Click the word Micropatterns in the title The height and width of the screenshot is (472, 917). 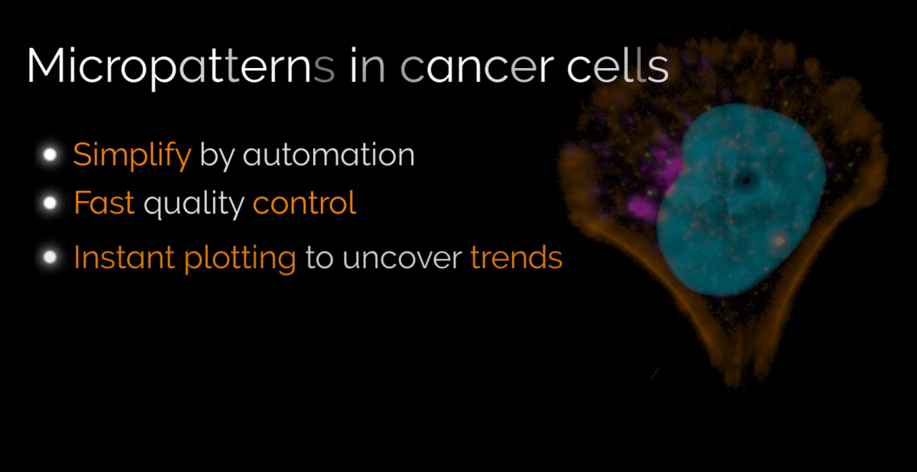[x=180, y=66]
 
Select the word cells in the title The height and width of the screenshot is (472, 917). [x=617, y=65]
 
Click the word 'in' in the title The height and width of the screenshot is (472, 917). [x=368, y=66]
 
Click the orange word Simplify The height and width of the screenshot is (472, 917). [x=132, y=156]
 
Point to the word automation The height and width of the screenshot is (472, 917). [x=329, y=154]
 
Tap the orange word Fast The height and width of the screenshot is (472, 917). [x=104, y=202]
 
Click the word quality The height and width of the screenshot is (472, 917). [x=194, y=204]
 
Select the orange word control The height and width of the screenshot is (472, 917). [x=305, y=202]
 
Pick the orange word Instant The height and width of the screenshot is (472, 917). [x=124, y=257]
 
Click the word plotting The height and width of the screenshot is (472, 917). [x=240, y=259]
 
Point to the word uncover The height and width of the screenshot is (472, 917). [x=402, y=258]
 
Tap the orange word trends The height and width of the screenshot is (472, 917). [x=517, y=257]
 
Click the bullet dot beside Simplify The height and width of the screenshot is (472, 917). [x=50, y=154]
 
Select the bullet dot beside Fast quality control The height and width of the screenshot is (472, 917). [x=50, y=203]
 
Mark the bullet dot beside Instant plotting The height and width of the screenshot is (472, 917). [x=50, y=257]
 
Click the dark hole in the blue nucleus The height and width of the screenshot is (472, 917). [x=746, y=180]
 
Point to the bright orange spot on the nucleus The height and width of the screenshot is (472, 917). [x=779, y=241]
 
